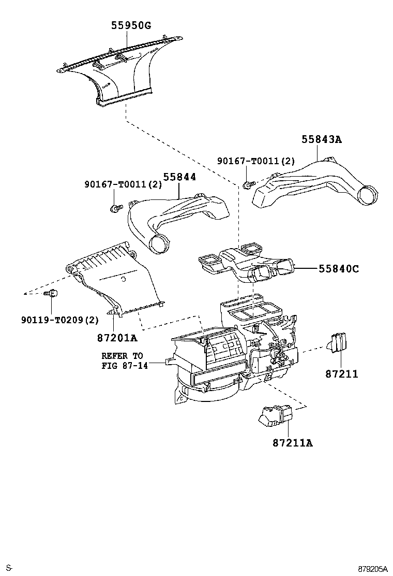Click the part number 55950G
coord(131,25)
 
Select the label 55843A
coord(322,139)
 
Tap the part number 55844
coord(179,177)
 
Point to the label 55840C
coord(339,269)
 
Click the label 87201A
coord(117,338)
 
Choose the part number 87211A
coord(293,443)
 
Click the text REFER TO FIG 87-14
coord(125,361)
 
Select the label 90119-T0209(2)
coord(60,320)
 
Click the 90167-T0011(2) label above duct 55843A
coord(256,161)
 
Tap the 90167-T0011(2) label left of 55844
coord(123,184)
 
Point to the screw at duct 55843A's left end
coord(248,185)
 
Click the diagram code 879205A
coord(372,569)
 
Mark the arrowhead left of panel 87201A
coord(25,294)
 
